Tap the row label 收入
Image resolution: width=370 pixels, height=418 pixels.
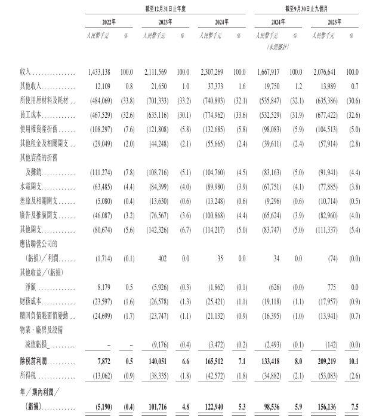point(24,72)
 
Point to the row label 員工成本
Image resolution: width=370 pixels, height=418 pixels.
point(30,115)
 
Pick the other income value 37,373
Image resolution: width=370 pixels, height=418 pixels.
point(218,86)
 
